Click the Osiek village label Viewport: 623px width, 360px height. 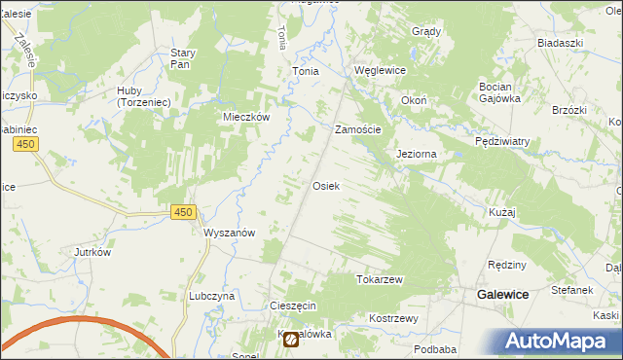pos(325,185)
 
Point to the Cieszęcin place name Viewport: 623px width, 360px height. pos(293,306)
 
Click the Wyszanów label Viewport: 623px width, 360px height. pos(230,233)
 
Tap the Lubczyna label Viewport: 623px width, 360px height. pos(213,296)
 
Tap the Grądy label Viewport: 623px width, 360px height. pos(426,31)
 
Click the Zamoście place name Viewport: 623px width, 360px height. pos(358,129)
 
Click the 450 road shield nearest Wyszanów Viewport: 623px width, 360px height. pos(182,212)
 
